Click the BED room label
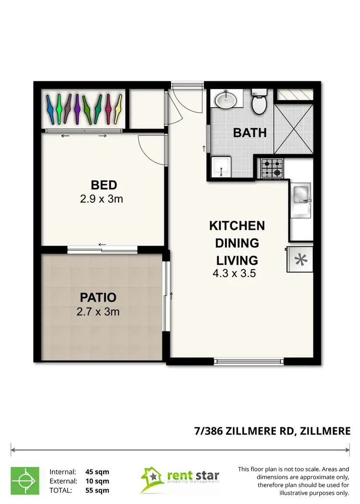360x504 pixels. pos(104,185)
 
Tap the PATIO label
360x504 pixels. pos(97,297)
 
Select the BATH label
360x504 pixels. pos(250,132)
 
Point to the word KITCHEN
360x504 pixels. pos(237,225)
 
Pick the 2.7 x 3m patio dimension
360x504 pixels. pos(98,312)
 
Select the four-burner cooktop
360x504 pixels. pos(271,167)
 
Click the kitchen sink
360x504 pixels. pos(300,194)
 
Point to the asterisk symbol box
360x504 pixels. pos(300,260)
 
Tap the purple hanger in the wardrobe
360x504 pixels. pos(77,109)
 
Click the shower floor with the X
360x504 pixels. pos(293,128)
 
